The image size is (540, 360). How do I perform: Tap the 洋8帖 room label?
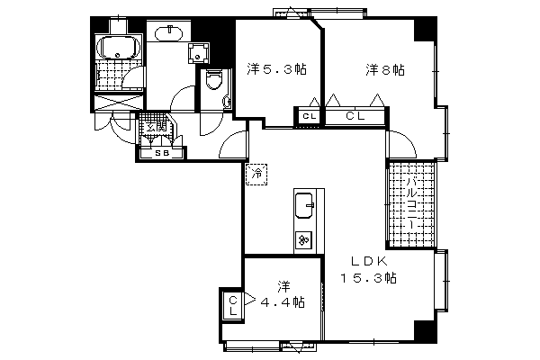click(384, 68)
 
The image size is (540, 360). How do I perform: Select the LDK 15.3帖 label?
click(368, 269)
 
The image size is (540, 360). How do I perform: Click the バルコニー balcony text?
click(410, 203)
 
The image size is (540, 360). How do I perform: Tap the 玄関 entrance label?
click(156, 127)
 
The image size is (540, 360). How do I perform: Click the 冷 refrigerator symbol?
click(256, 173)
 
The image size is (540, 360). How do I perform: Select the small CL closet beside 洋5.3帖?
click(308, 116)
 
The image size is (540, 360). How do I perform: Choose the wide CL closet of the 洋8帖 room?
click(355, 116)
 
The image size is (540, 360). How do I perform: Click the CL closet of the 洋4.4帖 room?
click(231, 305)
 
